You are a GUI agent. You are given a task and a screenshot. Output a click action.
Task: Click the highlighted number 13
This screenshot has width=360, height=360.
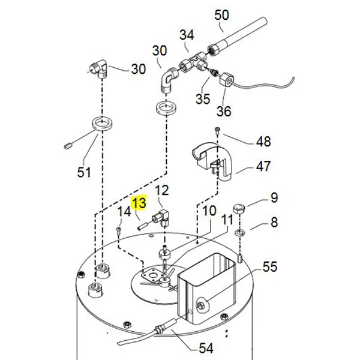(139, 204)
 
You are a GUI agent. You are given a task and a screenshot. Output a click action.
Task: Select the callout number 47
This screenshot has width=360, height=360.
(263, 166)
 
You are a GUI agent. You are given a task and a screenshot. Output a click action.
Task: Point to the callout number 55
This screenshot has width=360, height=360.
(270, 266)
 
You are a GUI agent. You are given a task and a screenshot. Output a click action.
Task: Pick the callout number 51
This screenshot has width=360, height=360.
(84, 173)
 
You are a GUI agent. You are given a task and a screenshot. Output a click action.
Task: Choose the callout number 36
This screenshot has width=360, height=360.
(224, 111)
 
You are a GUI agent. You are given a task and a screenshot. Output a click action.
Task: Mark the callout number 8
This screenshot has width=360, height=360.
(274, 223)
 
